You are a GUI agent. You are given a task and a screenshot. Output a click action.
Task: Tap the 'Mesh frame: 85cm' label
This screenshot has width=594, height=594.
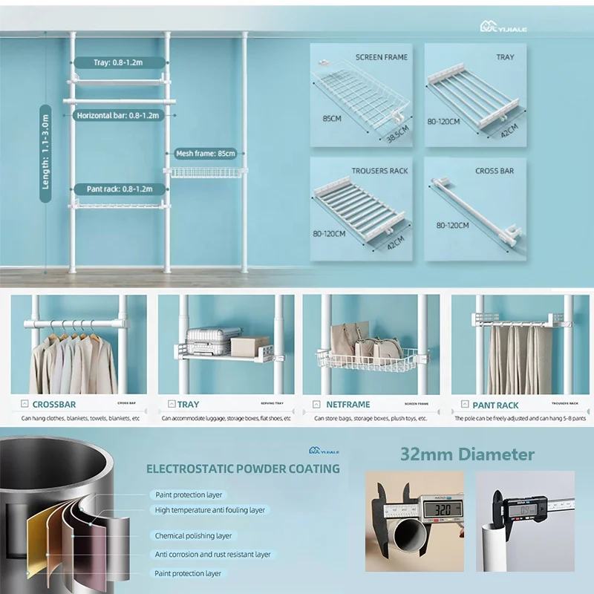tap(206, 154)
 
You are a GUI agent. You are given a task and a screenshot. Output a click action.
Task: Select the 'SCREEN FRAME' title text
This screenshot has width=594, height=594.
tap(381, 57)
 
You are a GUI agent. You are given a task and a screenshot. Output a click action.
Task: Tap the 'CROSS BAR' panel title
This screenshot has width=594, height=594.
tap(495, 171)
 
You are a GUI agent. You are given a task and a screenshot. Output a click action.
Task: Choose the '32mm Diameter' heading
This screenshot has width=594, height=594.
tap(467, 454)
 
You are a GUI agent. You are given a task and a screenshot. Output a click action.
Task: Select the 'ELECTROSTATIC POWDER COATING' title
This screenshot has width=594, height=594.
tap(243, 469)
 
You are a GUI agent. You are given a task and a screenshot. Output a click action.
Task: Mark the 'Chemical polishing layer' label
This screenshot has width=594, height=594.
tap(193, 535)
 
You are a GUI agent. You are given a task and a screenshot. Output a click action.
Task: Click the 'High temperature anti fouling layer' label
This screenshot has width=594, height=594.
tap(209, 510)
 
